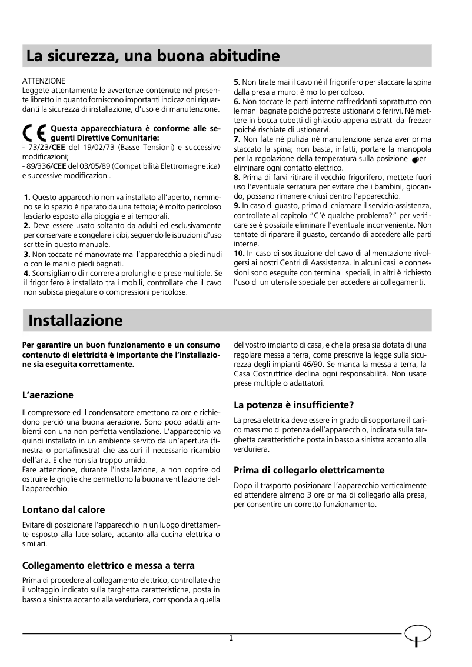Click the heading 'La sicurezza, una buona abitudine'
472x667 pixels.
(x=152, y=56)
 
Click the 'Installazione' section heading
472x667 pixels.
(x=75, y=321)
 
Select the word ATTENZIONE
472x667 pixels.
(x=44, y=81)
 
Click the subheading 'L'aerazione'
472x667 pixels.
(x=48, y=395)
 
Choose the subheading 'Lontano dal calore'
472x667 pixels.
(x=64, y=509)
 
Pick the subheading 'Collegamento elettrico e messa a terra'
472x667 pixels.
(x=108, y=566)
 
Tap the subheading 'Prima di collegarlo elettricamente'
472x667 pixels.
(x=309, y=470)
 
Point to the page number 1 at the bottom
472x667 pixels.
(x=231, y=638)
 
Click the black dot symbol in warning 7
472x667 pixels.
(x=415, y=160)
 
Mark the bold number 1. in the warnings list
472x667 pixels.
(x=28, y=196)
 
